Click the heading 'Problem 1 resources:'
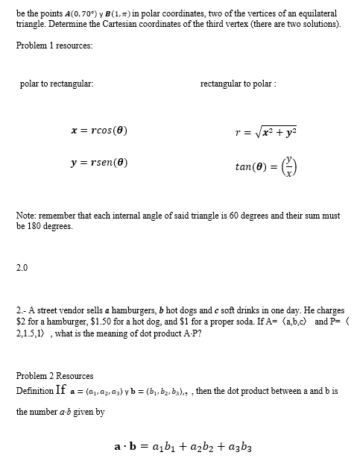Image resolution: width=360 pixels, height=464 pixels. pos(54,46)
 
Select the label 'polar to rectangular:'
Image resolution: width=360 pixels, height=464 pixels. pos(57,84)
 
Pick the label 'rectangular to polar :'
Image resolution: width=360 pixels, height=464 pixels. pos(239,84)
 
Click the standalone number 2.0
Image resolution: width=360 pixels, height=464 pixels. pos(22,269)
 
